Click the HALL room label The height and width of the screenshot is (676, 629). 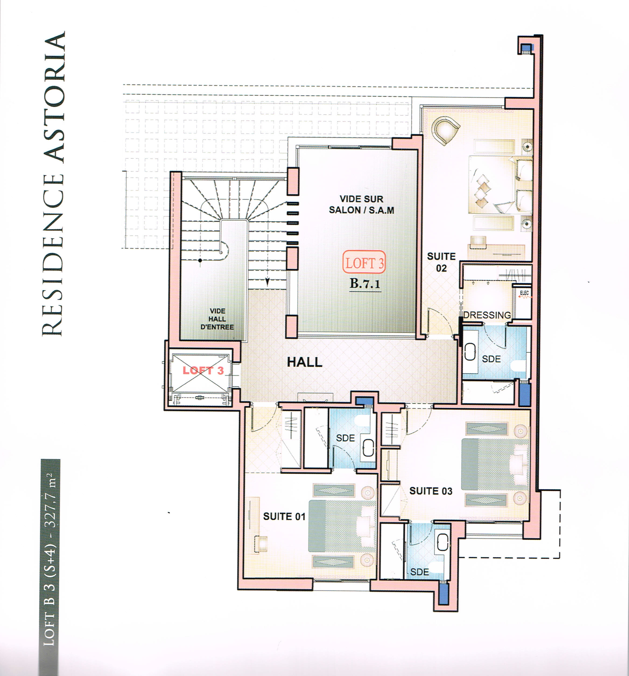point(304,362)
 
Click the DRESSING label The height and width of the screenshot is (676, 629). point(487,315)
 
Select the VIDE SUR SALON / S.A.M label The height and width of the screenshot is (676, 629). point(361,205)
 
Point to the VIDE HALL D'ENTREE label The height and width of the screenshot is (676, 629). point(217,319)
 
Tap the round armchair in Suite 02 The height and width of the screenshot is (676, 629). point(446,130)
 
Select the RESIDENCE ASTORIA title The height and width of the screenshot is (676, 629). point(53,184)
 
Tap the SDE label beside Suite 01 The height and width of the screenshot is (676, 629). point(345,438)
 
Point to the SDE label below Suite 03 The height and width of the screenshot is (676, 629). point(419,572)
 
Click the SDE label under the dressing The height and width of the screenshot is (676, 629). point(491,359)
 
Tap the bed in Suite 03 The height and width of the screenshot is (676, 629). point(495,464)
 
